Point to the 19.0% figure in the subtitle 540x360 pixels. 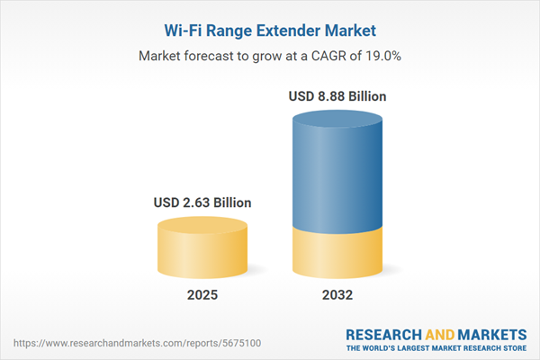click(x=382, y=56)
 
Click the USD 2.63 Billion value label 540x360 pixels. click(x=202, y=202)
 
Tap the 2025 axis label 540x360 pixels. click(x=202, y=294)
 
